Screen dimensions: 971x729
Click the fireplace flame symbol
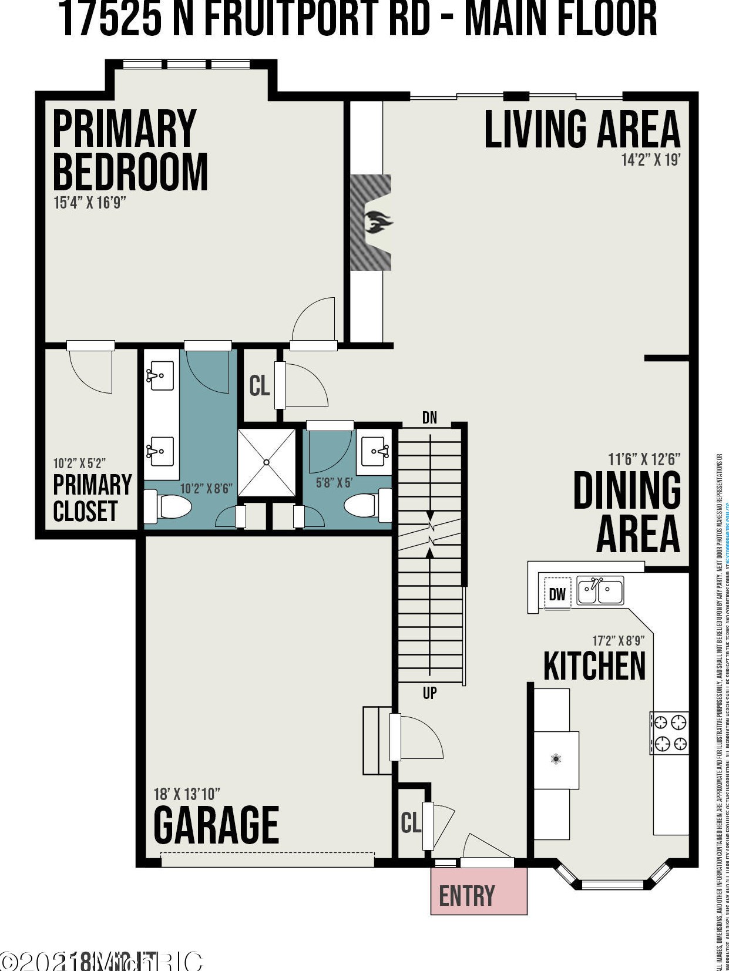point(377,223)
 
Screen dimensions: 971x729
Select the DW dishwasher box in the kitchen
point(557,594)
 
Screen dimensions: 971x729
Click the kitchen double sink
point(600,590)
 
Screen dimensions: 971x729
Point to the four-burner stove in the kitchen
point(669,733)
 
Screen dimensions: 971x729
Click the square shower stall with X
point(267,463)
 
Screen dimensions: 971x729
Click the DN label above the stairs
point(429,418)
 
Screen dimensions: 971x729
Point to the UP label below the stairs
point(429,693)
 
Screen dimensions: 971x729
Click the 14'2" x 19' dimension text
point(650,160)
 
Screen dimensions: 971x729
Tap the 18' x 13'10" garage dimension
point(187,794)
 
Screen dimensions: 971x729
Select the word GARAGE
point(216,825)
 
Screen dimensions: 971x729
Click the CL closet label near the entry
point(411,822)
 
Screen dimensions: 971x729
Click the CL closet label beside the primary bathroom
point(259,386)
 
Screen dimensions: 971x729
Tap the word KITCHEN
point(594,666)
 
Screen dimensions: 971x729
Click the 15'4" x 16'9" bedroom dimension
point(90,203)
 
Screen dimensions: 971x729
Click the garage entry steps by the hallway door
point(376,741)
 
